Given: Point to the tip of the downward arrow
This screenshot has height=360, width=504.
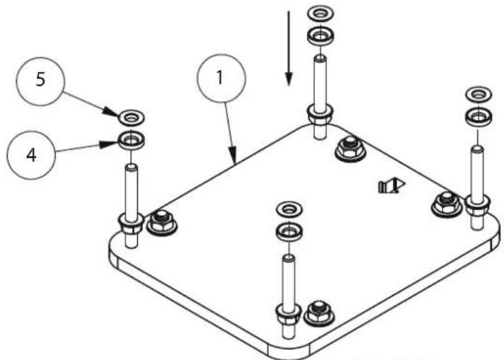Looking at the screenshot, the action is tap(289, 86).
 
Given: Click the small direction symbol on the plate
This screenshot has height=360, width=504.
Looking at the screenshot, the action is tap(391, 186).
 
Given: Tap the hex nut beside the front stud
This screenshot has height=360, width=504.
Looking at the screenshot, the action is tap(319, 313).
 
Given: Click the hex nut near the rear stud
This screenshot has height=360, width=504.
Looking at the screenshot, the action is tap(350, 149).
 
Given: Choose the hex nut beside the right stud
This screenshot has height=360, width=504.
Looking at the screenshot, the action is tap(446, 204).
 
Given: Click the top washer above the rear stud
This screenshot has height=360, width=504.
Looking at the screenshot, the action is tap(320, 13).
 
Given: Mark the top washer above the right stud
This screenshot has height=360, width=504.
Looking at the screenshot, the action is tap(479, 94).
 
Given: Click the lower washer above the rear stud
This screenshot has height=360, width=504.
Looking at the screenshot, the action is tap(320, 36).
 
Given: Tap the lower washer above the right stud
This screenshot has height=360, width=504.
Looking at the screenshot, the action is tap(479, 116).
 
